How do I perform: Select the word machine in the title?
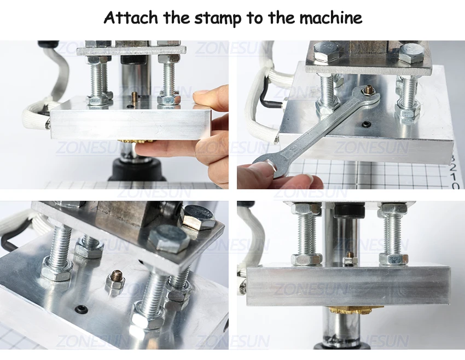pos(330,18)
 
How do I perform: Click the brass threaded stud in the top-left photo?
pos(133,96)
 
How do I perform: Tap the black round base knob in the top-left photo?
pos(137,170)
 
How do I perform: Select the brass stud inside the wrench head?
pos(369,89)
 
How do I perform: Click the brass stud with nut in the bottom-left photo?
pos(115,280)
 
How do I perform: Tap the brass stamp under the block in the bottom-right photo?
pos(356,310)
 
